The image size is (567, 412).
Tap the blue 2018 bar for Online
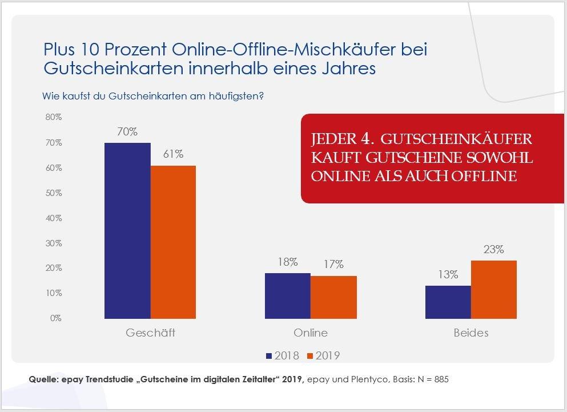tap(287, 295)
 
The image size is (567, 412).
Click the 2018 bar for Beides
tap(448, 302)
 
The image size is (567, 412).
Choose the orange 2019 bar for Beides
tap(493, 289)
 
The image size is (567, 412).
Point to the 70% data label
tap(127, 131)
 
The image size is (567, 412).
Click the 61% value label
tap(172, 154)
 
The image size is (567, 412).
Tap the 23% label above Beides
tap(493, 249)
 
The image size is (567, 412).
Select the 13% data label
tap(448, 274)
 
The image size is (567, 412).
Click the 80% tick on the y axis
tap(54, 117)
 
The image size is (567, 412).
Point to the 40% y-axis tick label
tap(54, 218)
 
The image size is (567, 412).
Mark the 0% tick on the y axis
tap(55, 318)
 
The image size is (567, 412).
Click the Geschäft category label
tap(150, 333)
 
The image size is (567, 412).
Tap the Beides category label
tap(471, 333)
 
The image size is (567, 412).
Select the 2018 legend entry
tap(282, 355)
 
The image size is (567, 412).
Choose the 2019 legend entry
tap(323, 355)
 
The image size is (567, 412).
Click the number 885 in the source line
tap(440, 379)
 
